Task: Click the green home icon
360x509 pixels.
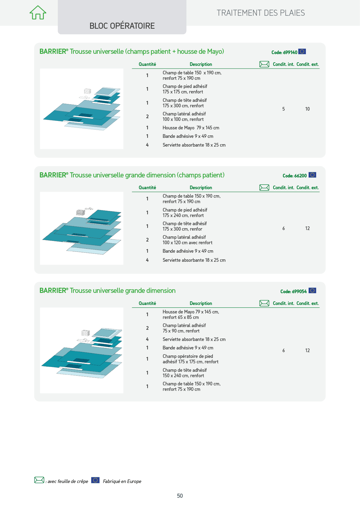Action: [38, 12]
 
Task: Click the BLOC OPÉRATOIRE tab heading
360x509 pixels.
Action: [122, 26]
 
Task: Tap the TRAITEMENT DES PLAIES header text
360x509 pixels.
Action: [261, 13]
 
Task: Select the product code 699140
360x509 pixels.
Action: [284, 53]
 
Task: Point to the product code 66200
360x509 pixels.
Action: [294, 176]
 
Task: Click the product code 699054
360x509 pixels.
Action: [294, 292]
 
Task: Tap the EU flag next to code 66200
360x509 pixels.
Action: [312, 175]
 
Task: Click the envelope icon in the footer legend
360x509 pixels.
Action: [39, 480]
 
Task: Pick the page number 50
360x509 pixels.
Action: [180, 496]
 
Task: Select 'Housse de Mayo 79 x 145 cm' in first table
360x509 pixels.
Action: [191, 128]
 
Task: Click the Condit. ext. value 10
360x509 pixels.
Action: [307, 109]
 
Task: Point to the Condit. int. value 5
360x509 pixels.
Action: [284, 109]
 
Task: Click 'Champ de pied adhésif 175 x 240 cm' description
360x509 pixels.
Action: [185, 213]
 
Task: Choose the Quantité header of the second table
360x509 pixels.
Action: [147, 188]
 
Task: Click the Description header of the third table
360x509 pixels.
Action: [201, 303]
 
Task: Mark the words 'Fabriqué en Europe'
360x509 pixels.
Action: [122, 481]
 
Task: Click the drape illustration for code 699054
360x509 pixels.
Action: [82, 350]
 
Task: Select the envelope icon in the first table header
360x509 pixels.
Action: [264, 64]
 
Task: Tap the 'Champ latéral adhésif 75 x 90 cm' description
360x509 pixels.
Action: [184, 328]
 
